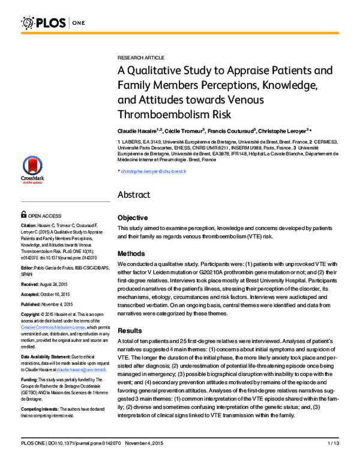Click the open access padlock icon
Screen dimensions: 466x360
(24, 214)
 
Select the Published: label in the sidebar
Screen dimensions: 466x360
(34, 304)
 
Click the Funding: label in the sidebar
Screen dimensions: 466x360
(31, 380)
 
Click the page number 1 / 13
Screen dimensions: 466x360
(334, 461)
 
